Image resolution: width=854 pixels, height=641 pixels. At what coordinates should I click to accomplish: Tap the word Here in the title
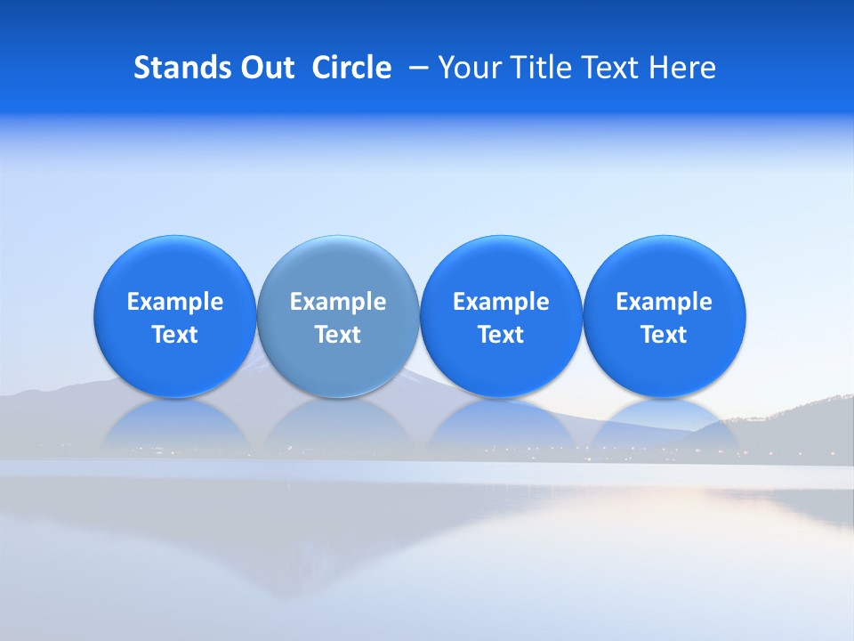pos(682,68)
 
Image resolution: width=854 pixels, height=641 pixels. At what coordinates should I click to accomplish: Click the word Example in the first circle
pos(175,302)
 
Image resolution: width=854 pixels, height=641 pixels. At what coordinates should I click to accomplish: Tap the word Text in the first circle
pos(175,335)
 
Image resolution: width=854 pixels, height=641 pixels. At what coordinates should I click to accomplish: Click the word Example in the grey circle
pos(338,302)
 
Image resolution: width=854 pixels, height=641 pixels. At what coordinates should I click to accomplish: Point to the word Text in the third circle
pos(501,335)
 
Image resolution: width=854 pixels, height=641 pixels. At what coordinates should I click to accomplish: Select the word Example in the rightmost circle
pos(665,302)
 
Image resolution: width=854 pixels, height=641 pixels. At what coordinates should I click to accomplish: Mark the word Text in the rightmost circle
pos(665,335)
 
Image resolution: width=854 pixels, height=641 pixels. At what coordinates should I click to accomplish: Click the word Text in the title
pos(605,68)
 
